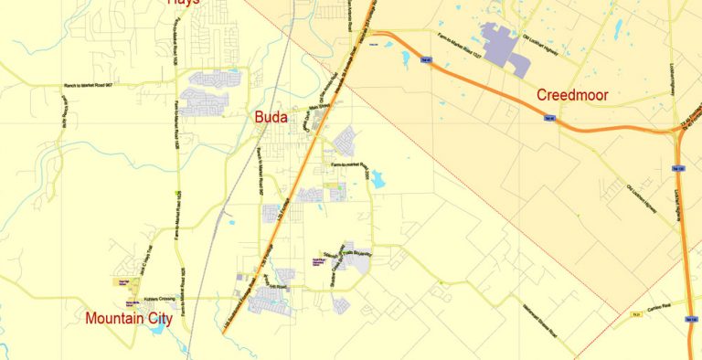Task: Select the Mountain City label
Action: tap(129, 319)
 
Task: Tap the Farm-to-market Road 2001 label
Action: tap(347, 165)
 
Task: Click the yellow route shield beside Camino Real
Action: tap(633, 313)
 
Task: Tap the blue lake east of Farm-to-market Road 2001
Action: tap(376, 179)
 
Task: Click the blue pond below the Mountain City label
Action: tap(157, 326)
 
